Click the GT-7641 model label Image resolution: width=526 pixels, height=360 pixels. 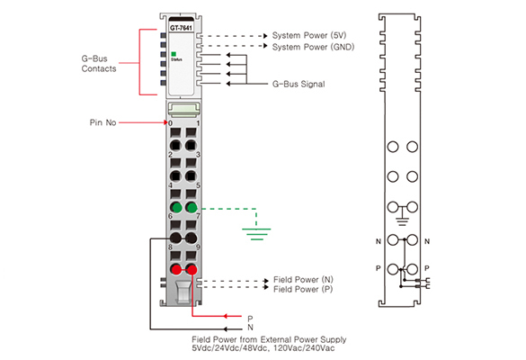(181, 28)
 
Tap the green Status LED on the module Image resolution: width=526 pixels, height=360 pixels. (174, 54)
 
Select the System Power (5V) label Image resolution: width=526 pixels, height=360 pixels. (309, 35)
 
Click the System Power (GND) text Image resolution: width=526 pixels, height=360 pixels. (313, 47)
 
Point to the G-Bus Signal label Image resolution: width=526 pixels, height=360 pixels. (299, 84)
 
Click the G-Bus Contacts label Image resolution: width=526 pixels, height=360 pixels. (99, 64)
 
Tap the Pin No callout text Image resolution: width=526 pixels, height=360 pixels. (103, 122)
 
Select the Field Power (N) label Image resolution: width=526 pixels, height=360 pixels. (303, 279)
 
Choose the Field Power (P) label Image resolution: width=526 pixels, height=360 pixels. (303, 289)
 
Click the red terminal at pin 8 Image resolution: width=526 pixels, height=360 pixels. (175, 269)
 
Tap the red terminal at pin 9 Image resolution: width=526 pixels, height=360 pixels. (192, 269)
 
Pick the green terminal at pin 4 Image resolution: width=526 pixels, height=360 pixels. (175, 208)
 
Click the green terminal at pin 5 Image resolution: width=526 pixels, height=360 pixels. (192, 208)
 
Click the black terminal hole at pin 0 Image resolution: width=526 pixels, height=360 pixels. (175, 146)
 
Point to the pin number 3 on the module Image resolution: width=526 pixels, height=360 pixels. (198, 155)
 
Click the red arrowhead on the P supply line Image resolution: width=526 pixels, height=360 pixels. (226, 316)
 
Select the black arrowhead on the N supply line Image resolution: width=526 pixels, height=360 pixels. (226, 329)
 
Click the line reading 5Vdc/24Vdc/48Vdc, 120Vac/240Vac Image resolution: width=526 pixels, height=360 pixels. (263, 348)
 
